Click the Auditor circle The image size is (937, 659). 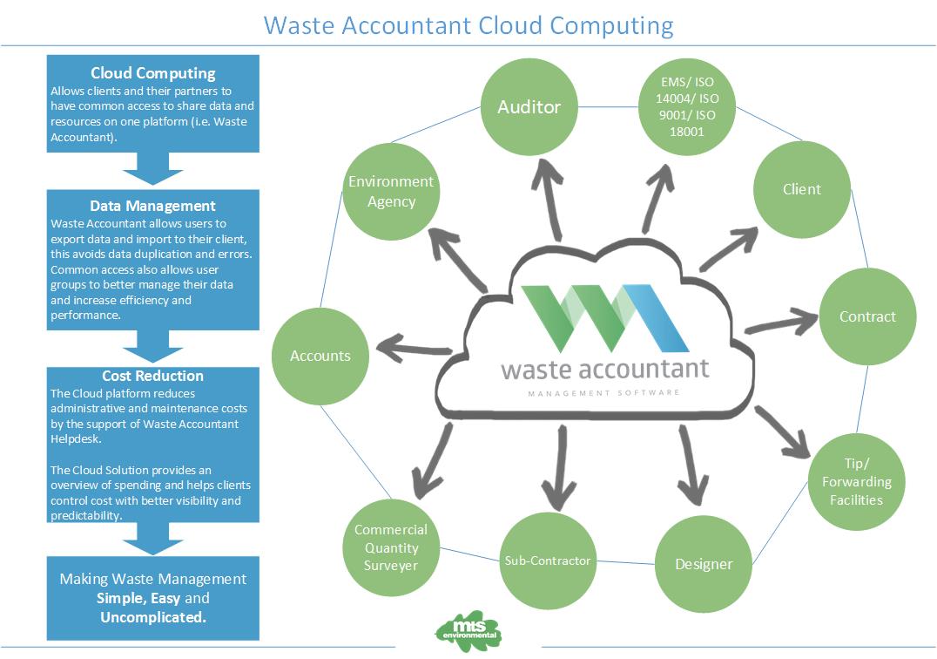click(529, 107)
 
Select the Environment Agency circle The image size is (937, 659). click(391, 191)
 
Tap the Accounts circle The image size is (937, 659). click(320, 356)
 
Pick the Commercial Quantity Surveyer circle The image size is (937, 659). click(391, 547)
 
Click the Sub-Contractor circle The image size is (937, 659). click(548, 560)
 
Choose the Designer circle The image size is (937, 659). click(704, 564)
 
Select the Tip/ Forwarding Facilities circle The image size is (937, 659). click(856, 482)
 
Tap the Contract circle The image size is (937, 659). click(867, 316)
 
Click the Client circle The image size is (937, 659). click(801, 189)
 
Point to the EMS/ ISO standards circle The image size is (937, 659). click(687, 107)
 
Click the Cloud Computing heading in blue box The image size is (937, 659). click(152, 73)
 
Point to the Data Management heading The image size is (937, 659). click(152, 207)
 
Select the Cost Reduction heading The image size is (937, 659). click(152, 376)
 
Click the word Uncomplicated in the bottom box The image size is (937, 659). click(153, 617)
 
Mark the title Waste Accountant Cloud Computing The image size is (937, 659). click(468, 24)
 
